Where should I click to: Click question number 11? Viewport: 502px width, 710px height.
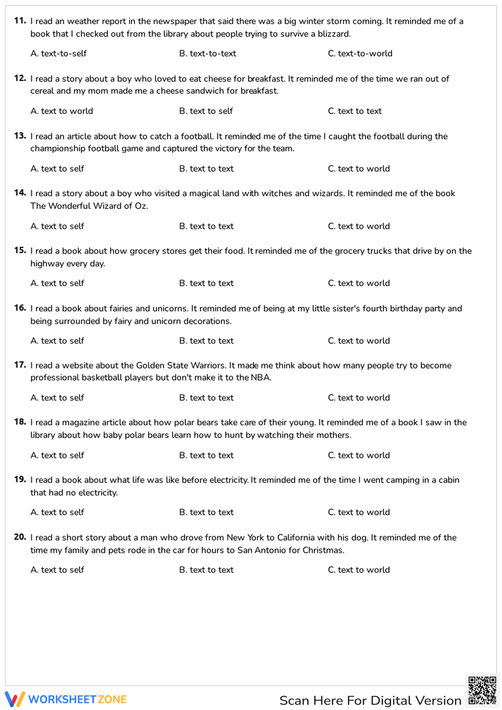point(20,21)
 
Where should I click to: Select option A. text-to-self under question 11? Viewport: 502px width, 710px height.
point(58,54)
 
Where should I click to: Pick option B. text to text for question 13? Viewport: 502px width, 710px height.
point(206,169)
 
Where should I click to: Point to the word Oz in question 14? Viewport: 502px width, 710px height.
point(141,206)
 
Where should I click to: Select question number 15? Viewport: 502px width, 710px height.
point(20,250)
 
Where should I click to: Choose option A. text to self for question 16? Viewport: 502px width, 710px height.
point(57,340)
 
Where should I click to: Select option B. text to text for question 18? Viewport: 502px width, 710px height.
point(206,455)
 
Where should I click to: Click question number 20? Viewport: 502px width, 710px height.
point(20,537)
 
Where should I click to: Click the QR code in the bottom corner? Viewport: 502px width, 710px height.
point(482,690)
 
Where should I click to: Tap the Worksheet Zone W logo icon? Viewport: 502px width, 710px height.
point(15,699)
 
